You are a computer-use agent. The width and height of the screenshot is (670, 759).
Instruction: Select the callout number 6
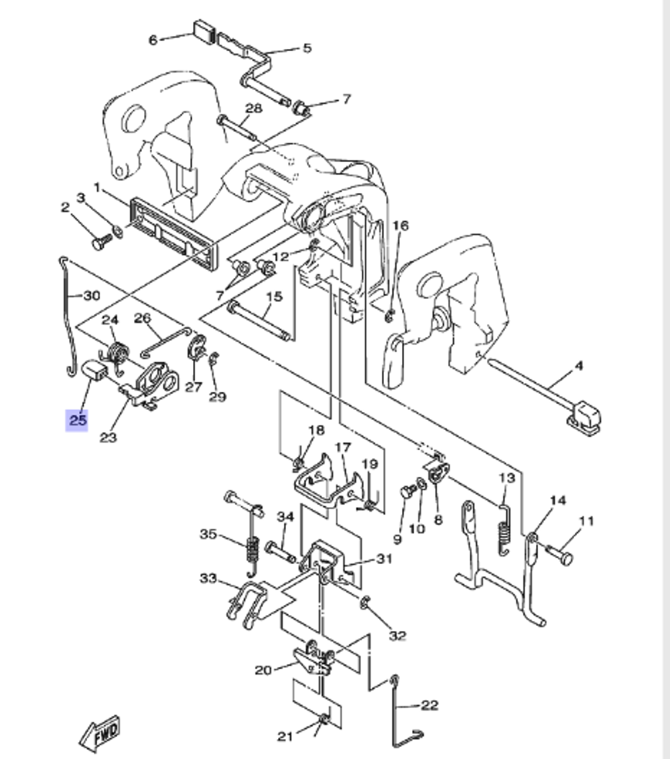click(x=153, y=40)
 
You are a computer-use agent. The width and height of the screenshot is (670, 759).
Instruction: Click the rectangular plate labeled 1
click(x=174, y=231)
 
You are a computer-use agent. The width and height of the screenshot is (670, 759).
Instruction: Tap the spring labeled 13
click(x=503, y=529)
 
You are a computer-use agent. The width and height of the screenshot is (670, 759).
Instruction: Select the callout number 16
click(x=400, y=226)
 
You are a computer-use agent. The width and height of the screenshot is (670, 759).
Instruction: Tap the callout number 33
click(x=208, y=577)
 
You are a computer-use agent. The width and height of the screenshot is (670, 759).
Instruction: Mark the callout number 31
click(x=384, y=559)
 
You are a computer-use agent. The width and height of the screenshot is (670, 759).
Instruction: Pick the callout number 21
click(x=285, y=736)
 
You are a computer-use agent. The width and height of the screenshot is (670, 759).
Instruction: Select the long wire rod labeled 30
click(x=69, y=315)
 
